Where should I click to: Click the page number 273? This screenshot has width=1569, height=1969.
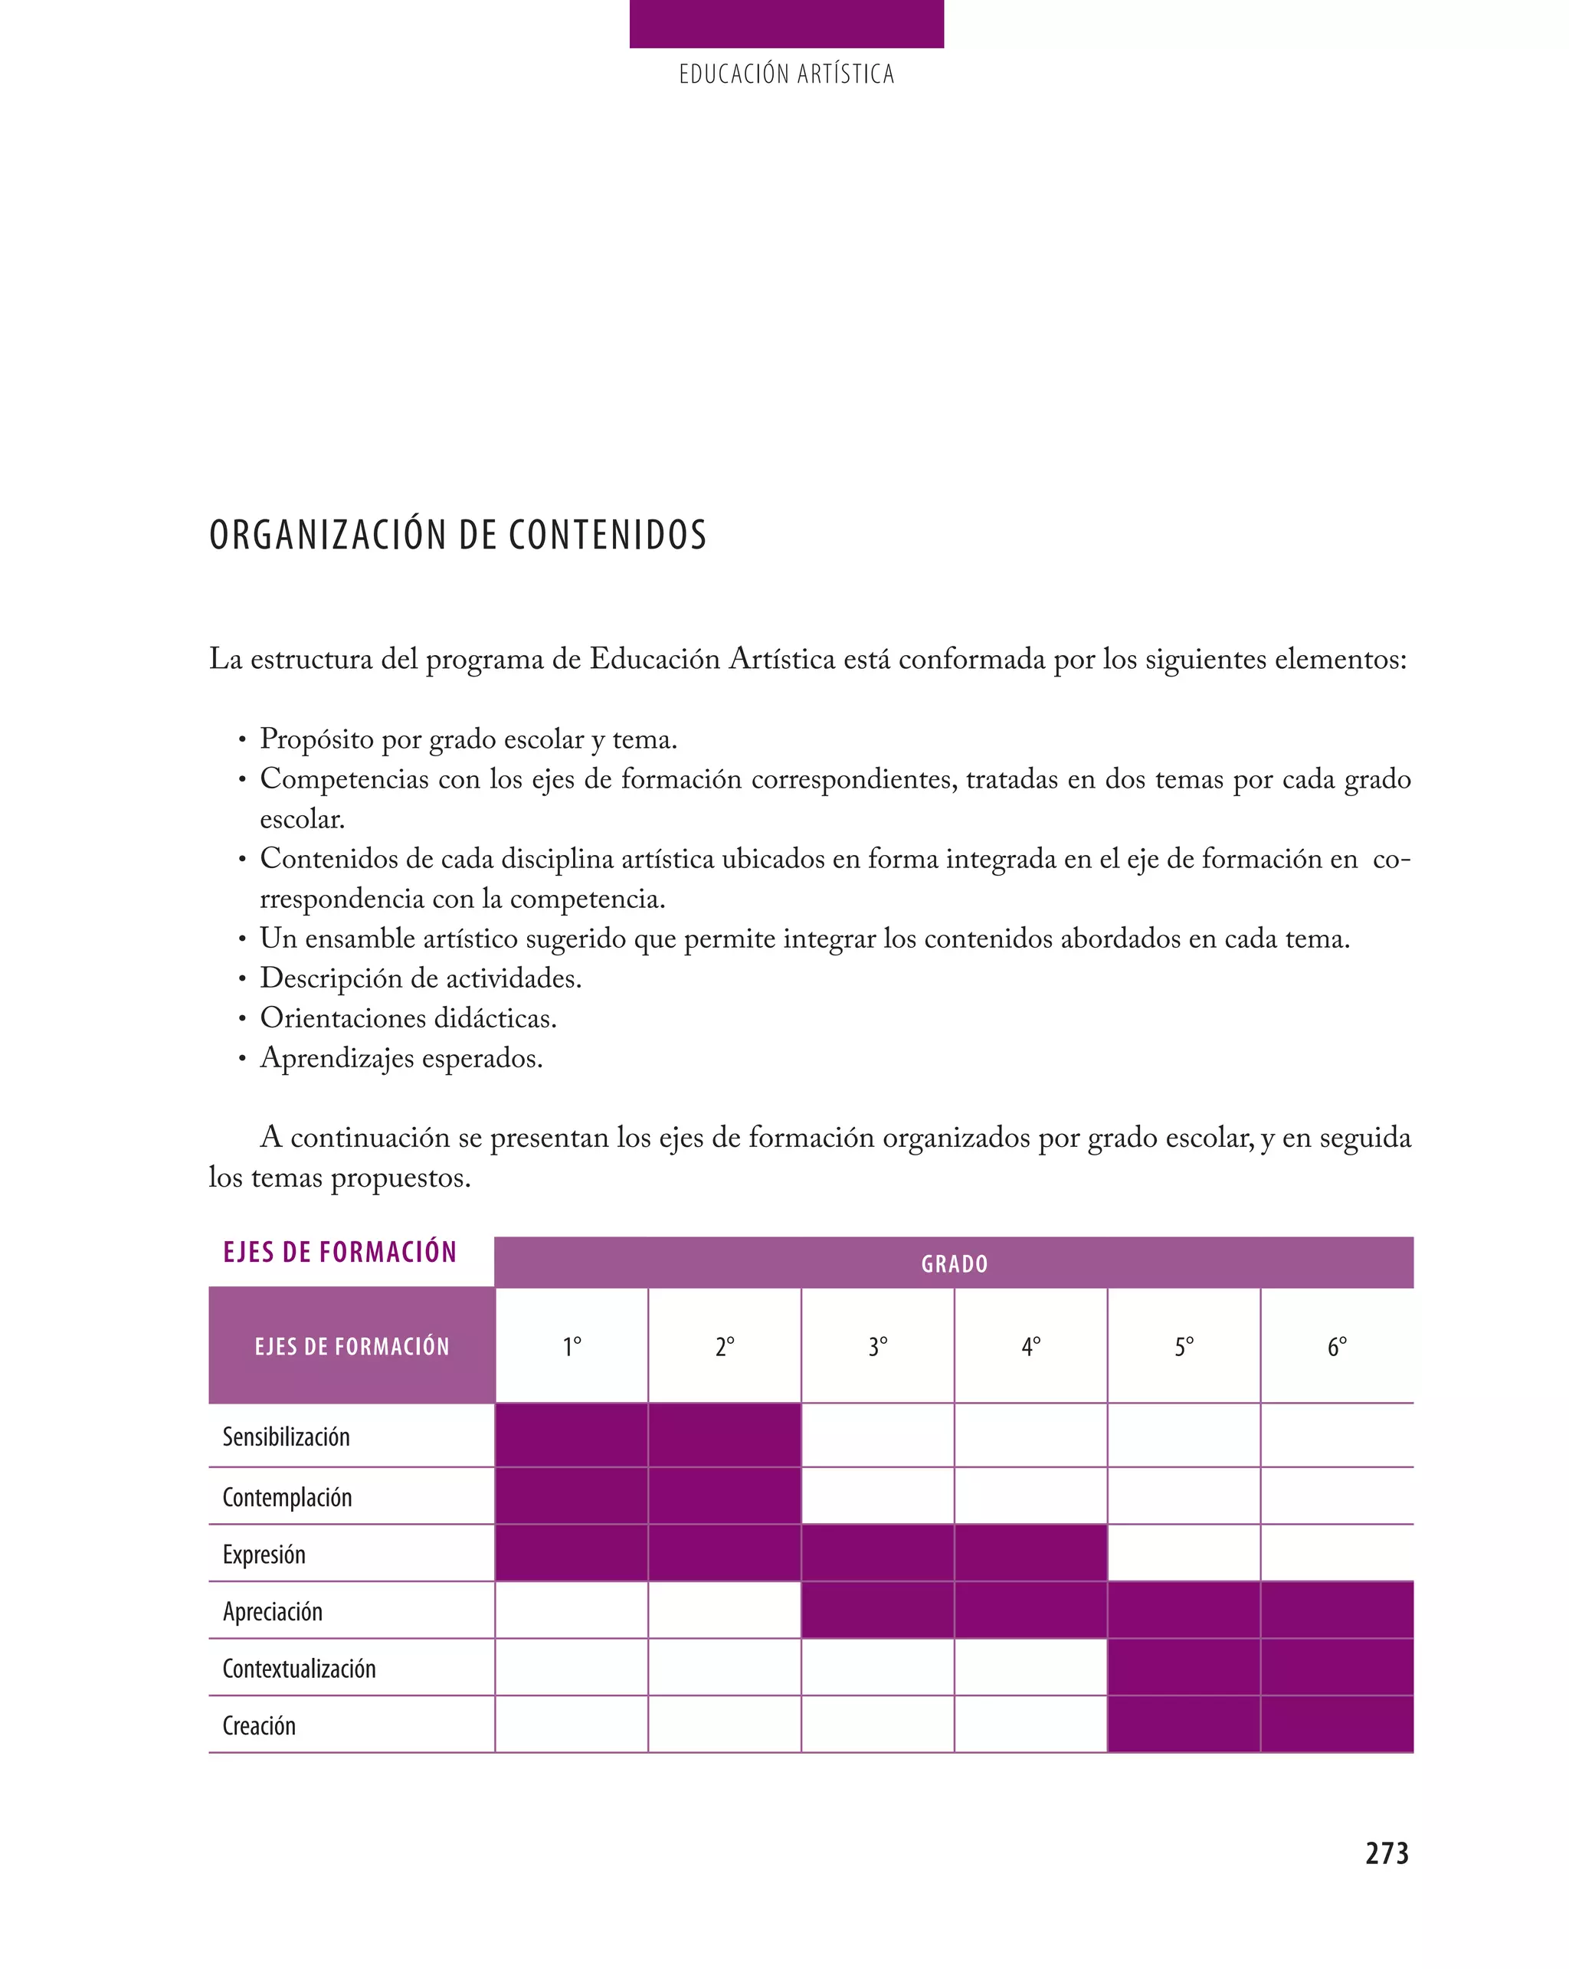[1387, 1852]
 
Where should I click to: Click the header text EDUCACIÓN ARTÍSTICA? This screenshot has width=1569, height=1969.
[786, 74]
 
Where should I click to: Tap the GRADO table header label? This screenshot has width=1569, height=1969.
[954, 1264]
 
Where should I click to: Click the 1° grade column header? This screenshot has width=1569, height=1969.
[572, 1346]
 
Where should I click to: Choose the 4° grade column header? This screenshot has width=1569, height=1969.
[1030, 1346]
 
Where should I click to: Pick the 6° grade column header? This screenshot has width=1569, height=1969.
[1336, 1346]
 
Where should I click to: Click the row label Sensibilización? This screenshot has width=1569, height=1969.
[286, 1437]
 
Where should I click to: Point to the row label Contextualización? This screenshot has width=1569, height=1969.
[299, 1669]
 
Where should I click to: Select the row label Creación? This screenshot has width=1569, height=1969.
[260, 1725]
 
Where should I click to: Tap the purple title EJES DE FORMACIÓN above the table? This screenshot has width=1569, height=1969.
[339, 1251]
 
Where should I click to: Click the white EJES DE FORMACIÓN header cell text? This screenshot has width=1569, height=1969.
[352, 1346]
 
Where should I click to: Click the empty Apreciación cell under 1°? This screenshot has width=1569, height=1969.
[572, 1610]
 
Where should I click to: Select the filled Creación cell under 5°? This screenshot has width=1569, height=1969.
[1184, 1725]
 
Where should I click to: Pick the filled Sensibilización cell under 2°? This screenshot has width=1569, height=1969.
[724, 1436]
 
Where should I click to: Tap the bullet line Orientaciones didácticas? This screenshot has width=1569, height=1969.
[408, 1017]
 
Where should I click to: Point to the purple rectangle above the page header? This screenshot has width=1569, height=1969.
[786, 24]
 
